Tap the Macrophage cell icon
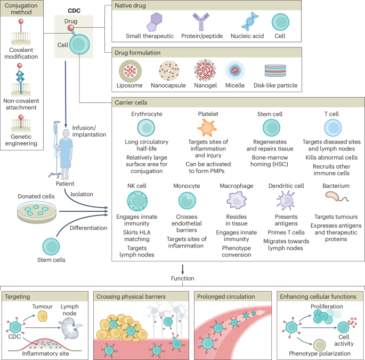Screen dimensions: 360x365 (236, 200)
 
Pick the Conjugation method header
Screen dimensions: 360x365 (23, 10)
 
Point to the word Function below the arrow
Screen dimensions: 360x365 (183, 278)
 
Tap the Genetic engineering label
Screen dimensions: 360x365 (23, 139)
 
